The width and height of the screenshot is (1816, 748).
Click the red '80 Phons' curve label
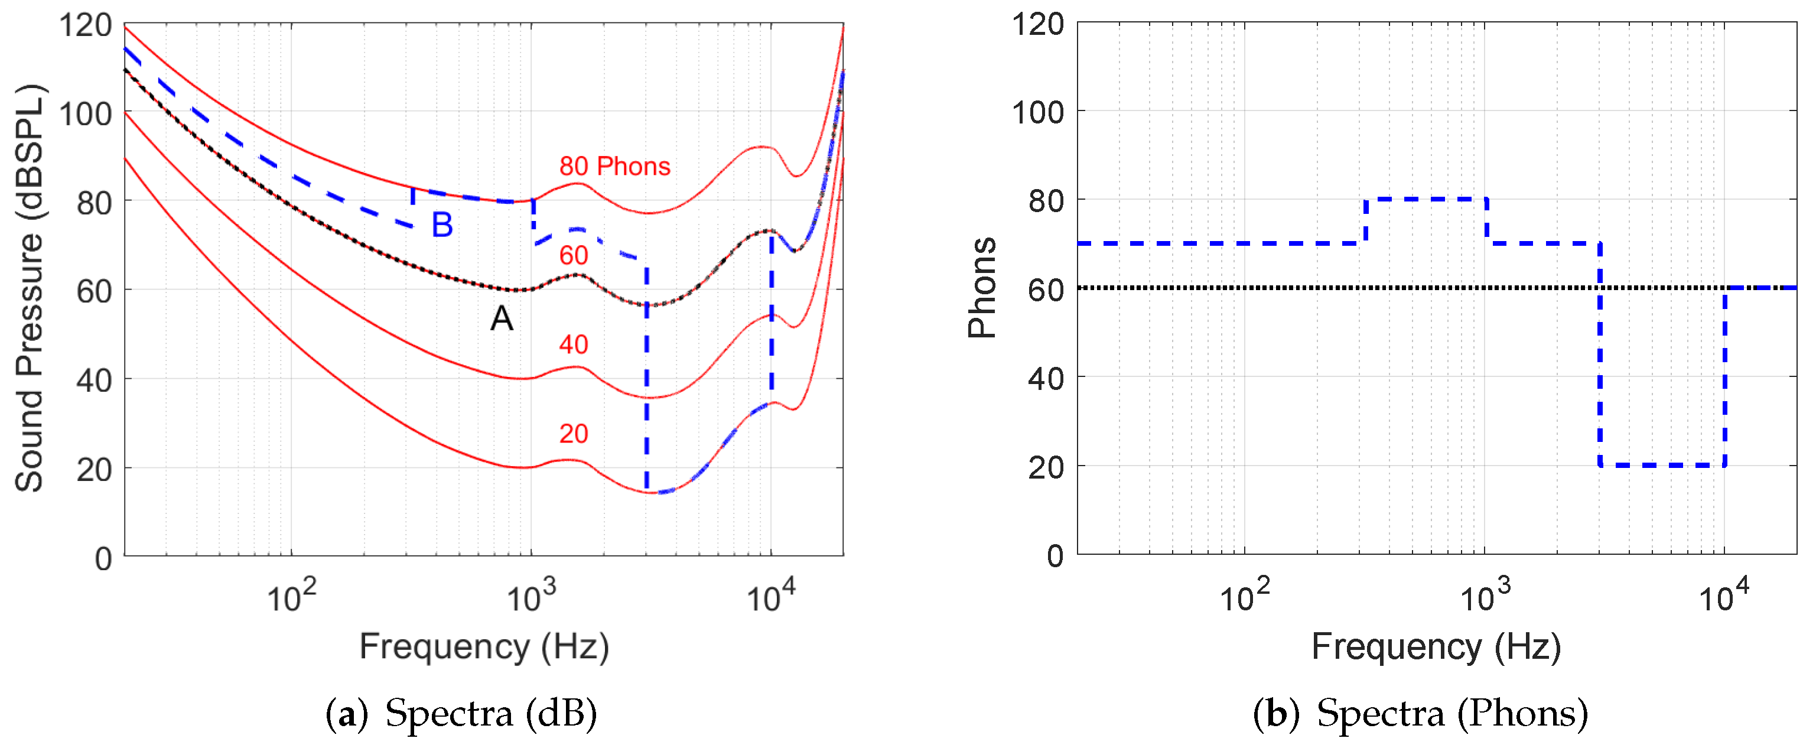click(x=614, y=167)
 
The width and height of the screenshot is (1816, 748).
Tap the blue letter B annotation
click(x=442, y=226)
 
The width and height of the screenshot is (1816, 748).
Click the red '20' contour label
click(x=573, y=434)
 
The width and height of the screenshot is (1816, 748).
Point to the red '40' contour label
click(x=573, y=344)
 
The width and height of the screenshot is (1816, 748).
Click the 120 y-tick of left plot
click(x=85, y=26)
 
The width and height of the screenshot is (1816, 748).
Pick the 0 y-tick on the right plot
click(x=1055, y=556)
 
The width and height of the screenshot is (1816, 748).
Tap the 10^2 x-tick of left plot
click(x=291, y=597)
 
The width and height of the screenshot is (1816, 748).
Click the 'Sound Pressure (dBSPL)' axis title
click(x=30, y=288)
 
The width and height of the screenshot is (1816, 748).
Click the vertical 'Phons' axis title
click(x=982, y=288)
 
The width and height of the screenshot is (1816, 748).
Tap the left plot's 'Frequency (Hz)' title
click(x=484, y=647)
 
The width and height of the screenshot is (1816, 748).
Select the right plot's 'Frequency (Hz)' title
click(x=1436, y=647)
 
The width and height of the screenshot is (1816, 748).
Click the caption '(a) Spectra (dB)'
click(x=461, y=714)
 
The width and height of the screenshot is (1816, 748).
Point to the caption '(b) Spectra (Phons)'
click(x=1421, y=714)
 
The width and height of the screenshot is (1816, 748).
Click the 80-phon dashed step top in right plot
click(x=1426, y=200)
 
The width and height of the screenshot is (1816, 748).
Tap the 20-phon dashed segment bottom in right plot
click(x=1662, y=466)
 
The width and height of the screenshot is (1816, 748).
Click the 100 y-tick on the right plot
click(x=1038, y=112)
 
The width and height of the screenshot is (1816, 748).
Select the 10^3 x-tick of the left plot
click(x=531, y=597)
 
